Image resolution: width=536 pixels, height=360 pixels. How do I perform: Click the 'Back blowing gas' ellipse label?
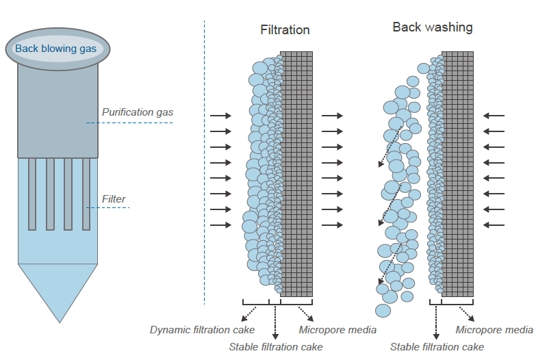[x=56, y=49]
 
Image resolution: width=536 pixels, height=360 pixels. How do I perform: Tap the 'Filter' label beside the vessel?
[x=114, y=199]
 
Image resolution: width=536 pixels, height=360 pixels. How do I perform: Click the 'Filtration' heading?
[x=285, y=30]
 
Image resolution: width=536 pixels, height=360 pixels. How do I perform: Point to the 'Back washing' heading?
[x=432, y=27]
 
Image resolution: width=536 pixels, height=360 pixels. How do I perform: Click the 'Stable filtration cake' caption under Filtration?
[x=275, y=346]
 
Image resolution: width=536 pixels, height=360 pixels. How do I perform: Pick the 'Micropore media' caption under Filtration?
[x=337, y=330]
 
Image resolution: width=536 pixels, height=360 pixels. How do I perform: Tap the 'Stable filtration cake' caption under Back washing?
[x=437, y=346]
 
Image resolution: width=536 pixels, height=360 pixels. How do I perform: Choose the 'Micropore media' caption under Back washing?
[x=494, y=330]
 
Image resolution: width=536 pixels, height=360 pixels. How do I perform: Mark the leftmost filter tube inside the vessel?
[x=32, y=194]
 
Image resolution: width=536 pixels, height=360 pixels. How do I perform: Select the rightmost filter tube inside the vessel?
[x=86, y=194]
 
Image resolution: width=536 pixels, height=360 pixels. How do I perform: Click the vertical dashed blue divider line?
[x=205, y=164]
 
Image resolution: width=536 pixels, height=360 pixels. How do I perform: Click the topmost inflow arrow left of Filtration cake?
[x=220, y=116]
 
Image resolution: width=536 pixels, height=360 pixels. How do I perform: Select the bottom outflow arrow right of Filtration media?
[x=332, y=225]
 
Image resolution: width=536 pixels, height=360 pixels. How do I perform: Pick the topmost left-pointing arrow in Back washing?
[x=494, y=116]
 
